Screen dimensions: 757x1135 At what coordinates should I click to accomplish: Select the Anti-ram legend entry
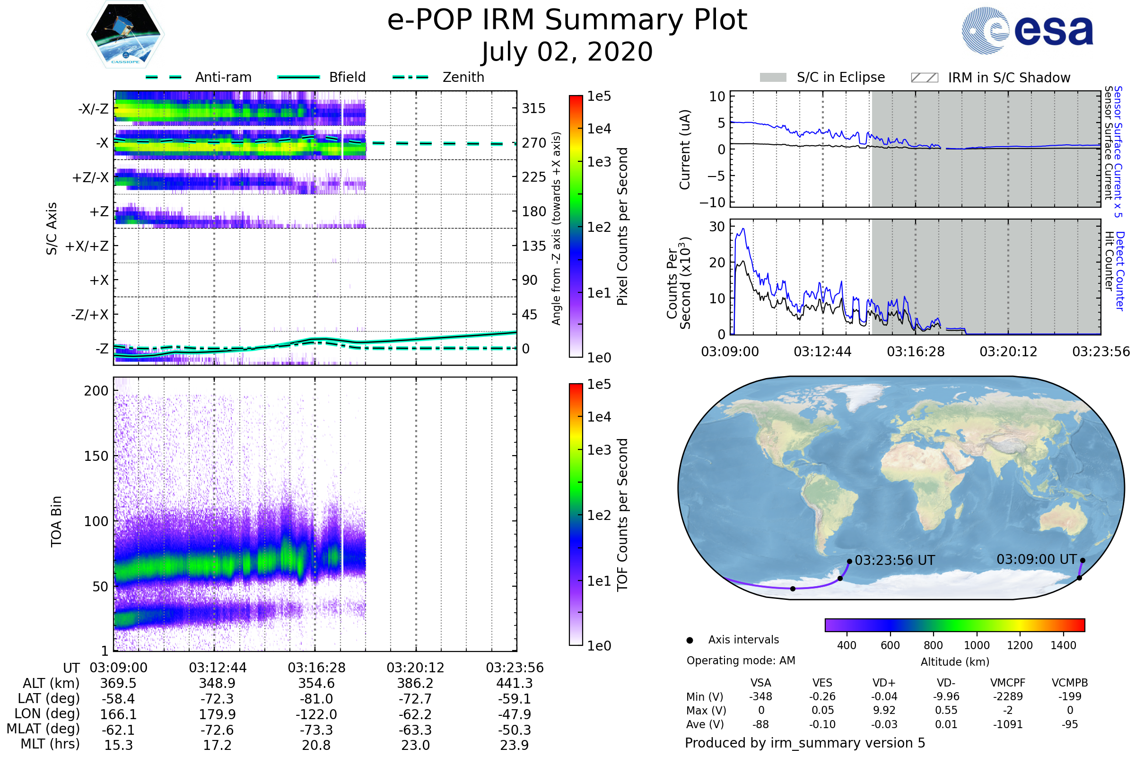pyautogui.click(x=223, y=77)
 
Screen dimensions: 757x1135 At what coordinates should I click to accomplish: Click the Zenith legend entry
pyautogui.click(x=463, y=77)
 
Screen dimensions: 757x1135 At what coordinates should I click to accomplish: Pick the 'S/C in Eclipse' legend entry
pyautogui.click(x=840, y=77)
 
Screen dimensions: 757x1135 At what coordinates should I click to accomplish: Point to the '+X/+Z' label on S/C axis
pyautogui.click(x=87, y=246)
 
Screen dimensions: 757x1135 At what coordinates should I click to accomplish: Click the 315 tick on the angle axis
pyautogui.click(x=533, y=108)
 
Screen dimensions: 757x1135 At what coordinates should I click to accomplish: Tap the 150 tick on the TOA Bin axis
pyautogui.click(x=96, y=456)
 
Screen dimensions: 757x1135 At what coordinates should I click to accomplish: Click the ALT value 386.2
pyautogui.click(x=415, y=683)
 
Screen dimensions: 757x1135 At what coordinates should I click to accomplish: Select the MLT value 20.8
pyautogui.click(x=316, y=745)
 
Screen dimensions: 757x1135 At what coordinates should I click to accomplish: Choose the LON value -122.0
pyautogui.click(x=316, y=714)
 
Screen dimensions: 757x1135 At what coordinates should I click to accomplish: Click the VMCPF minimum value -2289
pyautogui.click(x=1008, y=696)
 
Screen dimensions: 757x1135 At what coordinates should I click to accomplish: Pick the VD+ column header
pyautogui.click(x=883, y=683)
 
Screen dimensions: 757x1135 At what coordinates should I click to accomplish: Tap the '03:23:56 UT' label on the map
pyautogui.click(x=895, y=561)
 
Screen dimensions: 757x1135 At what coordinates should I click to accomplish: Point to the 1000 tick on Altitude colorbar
pyautogui.click(x=976, y=645)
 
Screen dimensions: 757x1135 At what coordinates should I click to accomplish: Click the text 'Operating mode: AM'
pyautogui.click(x=741, y=660)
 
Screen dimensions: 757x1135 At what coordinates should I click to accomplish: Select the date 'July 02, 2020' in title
pyautogui.click(x=567, y=52)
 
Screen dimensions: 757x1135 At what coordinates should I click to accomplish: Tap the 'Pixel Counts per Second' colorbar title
pyautogui.click(x=622, y=227)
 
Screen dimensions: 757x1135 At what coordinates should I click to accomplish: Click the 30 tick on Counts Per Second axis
pyautogui.click(x=717, y=227)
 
